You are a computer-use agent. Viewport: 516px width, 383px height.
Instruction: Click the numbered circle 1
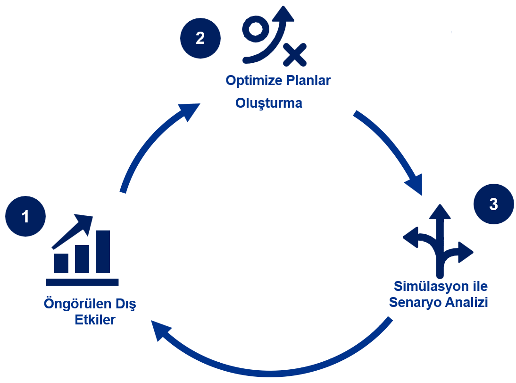[25, 216]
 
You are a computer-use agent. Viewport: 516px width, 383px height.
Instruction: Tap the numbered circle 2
[200, 38]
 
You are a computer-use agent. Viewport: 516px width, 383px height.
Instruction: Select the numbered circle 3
[494, 204]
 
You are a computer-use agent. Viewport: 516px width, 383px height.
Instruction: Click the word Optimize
[254, 80]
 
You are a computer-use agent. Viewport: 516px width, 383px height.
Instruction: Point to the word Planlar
[308, 80]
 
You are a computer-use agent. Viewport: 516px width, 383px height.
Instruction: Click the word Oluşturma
[268, 103]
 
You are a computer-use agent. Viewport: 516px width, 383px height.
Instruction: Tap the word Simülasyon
[431, 287]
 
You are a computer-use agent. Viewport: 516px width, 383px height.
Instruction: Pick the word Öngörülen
[78, 304]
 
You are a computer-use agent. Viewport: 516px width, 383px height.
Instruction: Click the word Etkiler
[95, 320]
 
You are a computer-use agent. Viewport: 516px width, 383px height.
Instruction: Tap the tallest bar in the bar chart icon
[103, 252]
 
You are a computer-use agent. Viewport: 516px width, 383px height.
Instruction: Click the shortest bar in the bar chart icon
[61, 263]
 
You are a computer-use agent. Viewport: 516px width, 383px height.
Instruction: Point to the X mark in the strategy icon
[295, 55]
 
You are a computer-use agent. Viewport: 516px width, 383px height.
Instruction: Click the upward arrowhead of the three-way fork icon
[440, 212]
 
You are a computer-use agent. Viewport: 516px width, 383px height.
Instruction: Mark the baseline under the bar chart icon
[82, 282]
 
